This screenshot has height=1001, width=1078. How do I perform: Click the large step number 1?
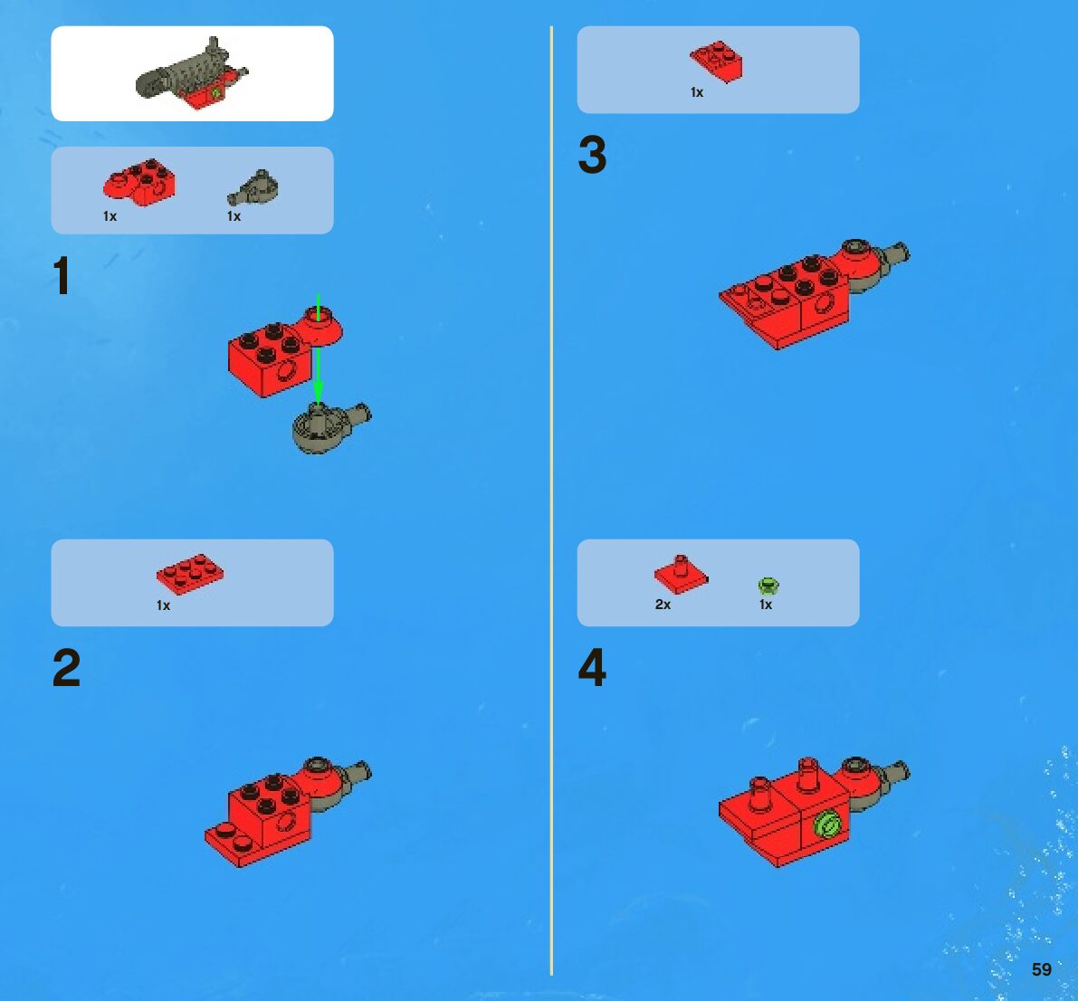pyautogui.click(x=62, y=275)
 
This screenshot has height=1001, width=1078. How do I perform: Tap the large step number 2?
pyautogui.click(x=67, y=668)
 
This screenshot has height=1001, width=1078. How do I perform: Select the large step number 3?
pyautogui.click(x=593, y=155)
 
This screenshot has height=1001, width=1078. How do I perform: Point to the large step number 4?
pyautogui.click(x=593, y=667)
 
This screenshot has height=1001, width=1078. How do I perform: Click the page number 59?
pyautogui.click(x=1042, y=969)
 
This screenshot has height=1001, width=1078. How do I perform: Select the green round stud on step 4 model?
pyautogui.click(x=827, y=824)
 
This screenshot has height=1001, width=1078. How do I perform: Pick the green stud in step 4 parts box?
pyautogui.click(x=768, y=586)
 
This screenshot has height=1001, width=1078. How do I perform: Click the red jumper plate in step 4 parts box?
pyautogui.click(x=681, y=575)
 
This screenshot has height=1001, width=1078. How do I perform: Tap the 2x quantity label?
pyautogui.click(x=663, y=605)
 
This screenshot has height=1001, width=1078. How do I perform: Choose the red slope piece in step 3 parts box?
pyautogui.click(x=716, y=61)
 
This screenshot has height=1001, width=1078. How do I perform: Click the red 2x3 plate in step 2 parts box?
pyautogui.click(x=190, y=574)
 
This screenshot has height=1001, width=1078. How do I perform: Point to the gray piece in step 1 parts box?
pyautogui.click(x=253, y=187)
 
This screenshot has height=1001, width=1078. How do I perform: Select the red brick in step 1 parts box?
pyautogui.click(x=138, y=182)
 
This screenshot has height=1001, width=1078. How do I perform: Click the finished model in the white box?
pyautogui.click(x=192, y=73)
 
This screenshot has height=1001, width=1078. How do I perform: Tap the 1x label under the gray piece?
pyautogui.click(x=234, y=216)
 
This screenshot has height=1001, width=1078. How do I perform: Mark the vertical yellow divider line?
pyautogui.click(x=551, y=500)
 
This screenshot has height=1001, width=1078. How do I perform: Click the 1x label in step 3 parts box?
pyautogui.click(x=697, y=92)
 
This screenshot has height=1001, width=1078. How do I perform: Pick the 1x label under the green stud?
pyautogui.click(x=766, y=605)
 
